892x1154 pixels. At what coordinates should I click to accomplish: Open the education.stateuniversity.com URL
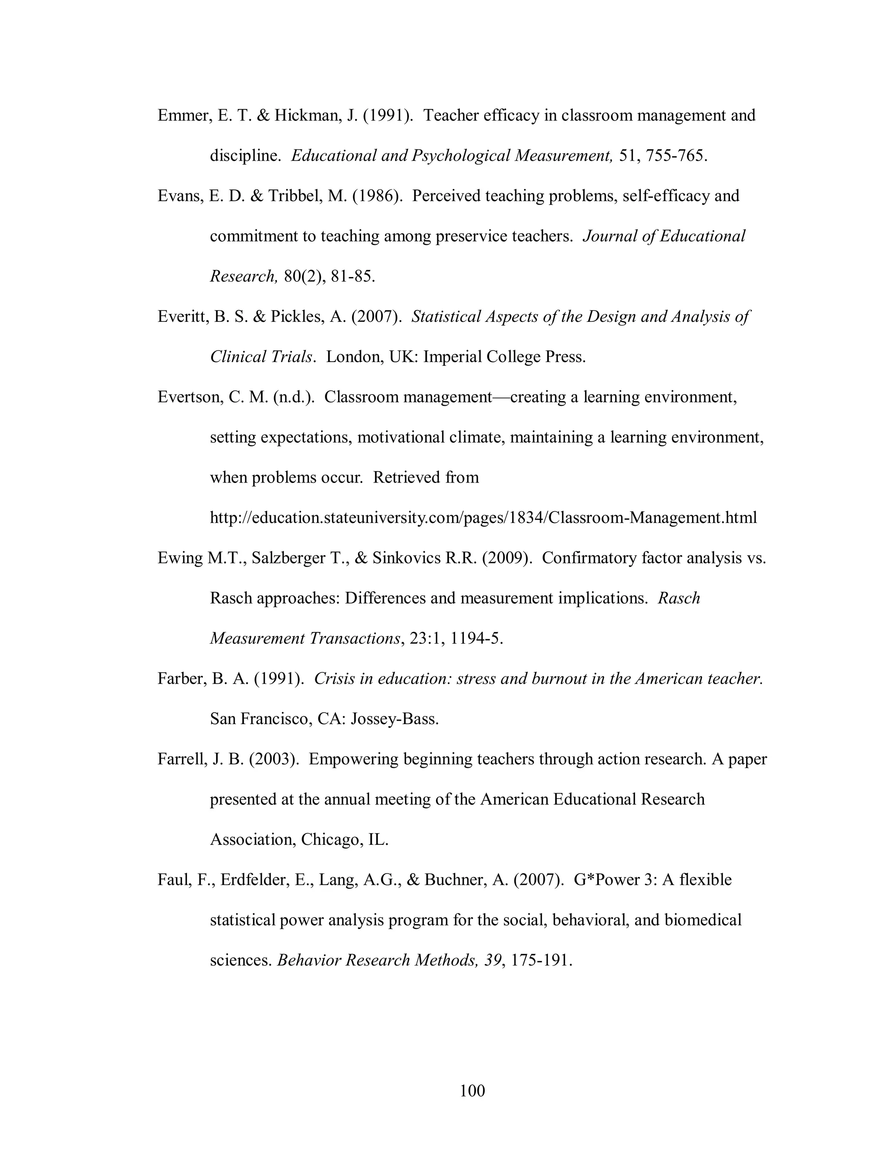pyautogui.click(x=483, y=518)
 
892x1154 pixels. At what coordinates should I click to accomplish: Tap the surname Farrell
pyautogui.click(x=180, y=759)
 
